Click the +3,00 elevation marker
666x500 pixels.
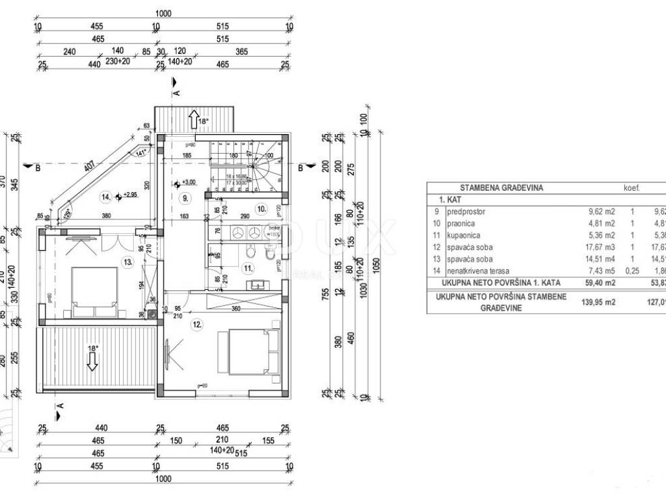tap(189, 183)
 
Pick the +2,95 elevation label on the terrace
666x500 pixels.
tap(129, 195)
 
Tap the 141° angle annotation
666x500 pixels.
tap(141, 153)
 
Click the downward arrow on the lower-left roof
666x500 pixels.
tap(92, 360)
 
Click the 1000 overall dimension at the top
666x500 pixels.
tap(163, 14)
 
